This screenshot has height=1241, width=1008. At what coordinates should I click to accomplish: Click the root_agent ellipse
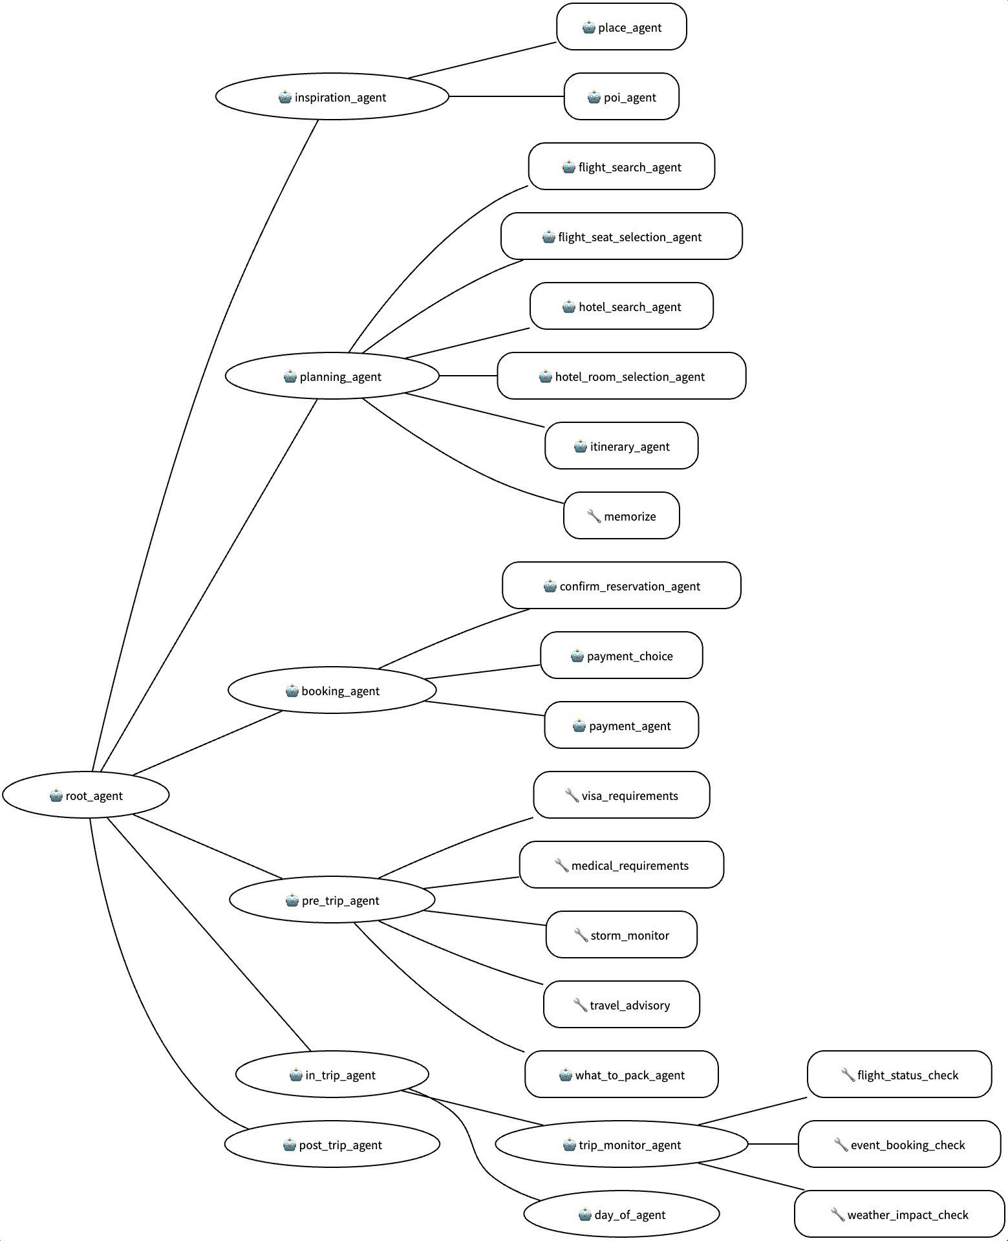tap(86, 795)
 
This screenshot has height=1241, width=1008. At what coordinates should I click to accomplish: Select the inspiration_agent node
tap(332, 96)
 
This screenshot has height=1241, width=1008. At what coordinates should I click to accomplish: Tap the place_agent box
tap(621, 27)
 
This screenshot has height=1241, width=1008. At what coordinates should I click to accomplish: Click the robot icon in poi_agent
tap(594, 97)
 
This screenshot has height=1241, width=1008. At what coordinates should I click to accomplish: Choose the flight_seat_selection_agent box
tap(621, 236)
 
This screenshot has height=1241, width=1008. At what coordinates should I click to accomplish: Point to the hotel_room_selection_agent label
tap(629, 376)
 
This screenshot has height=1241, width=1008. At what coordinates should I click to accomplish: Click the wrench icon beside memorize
tap(594, 516)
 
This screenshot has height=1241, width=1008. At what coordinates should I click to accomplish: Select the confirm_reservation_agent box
tap(621, 585)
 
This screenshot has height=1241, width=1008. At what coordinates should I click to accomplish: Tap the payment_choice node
tap(621, 655)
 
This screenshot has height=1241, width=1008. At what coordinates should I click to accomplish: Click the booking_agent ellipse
tap(332, 690)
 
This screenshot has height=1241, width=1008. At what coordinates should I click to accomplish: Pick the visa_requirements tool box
tap(621, 795)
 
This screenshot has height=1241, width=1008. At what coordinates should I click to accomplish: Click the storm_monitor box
tap(621, 934)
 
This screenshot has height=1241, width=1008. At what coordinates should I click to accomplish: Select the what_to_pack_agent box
tap(621, 1074)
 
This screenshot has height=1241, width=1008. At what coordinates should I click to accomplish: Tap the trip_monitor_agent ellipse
tap(621, 1144)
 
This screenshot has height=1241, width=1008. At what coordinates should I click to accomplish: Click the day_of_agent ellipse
tap(621, 1214)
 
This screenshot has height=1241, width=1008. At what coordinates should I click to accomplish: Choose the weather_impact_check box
tap(899, 1214)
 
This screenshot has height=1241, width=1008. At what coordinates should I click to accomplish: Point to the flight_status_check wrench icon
tap(847, 1075)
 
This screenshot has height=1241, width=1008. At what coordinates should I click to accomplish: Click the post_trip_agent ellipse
tap(332, 1144)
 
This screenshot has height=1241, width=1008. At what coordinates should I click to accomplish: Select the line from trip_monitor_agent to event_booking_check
tap(773, 1144)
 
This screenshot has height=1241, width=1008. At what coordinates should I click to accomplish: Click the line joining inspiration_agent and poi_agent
tap(506, 96)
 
